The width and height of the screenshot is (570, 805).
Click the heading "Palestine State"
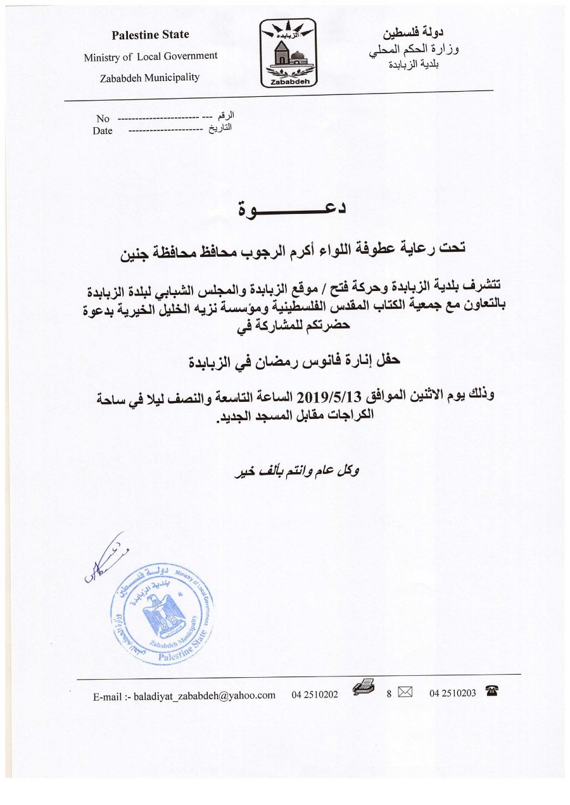click(x=150, y=35)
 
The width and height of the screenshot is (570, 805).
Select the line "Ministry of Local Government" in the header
click(x=151, y=56)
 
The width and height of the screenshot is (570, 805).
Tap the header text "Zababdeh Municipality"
click(x=149, y=78)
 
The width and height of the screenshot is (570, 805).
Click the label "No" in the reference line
click(x=103, y=118)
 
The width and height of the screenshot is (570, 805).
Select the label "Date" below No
click(x=102, y=131)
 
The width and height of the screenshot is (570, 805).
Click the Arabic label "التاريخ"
click(x=220, y=128)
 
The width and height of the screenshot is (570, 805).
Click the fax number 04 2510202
click(x=315, y=694)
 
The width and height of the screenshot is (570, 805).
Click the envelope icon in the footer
click(x=405, y=694)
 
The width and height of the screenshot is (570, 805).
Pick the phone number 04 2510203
click(x=452, y=694)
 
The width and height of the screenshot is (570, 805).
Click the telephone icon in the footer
click(x=491, y=693)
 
